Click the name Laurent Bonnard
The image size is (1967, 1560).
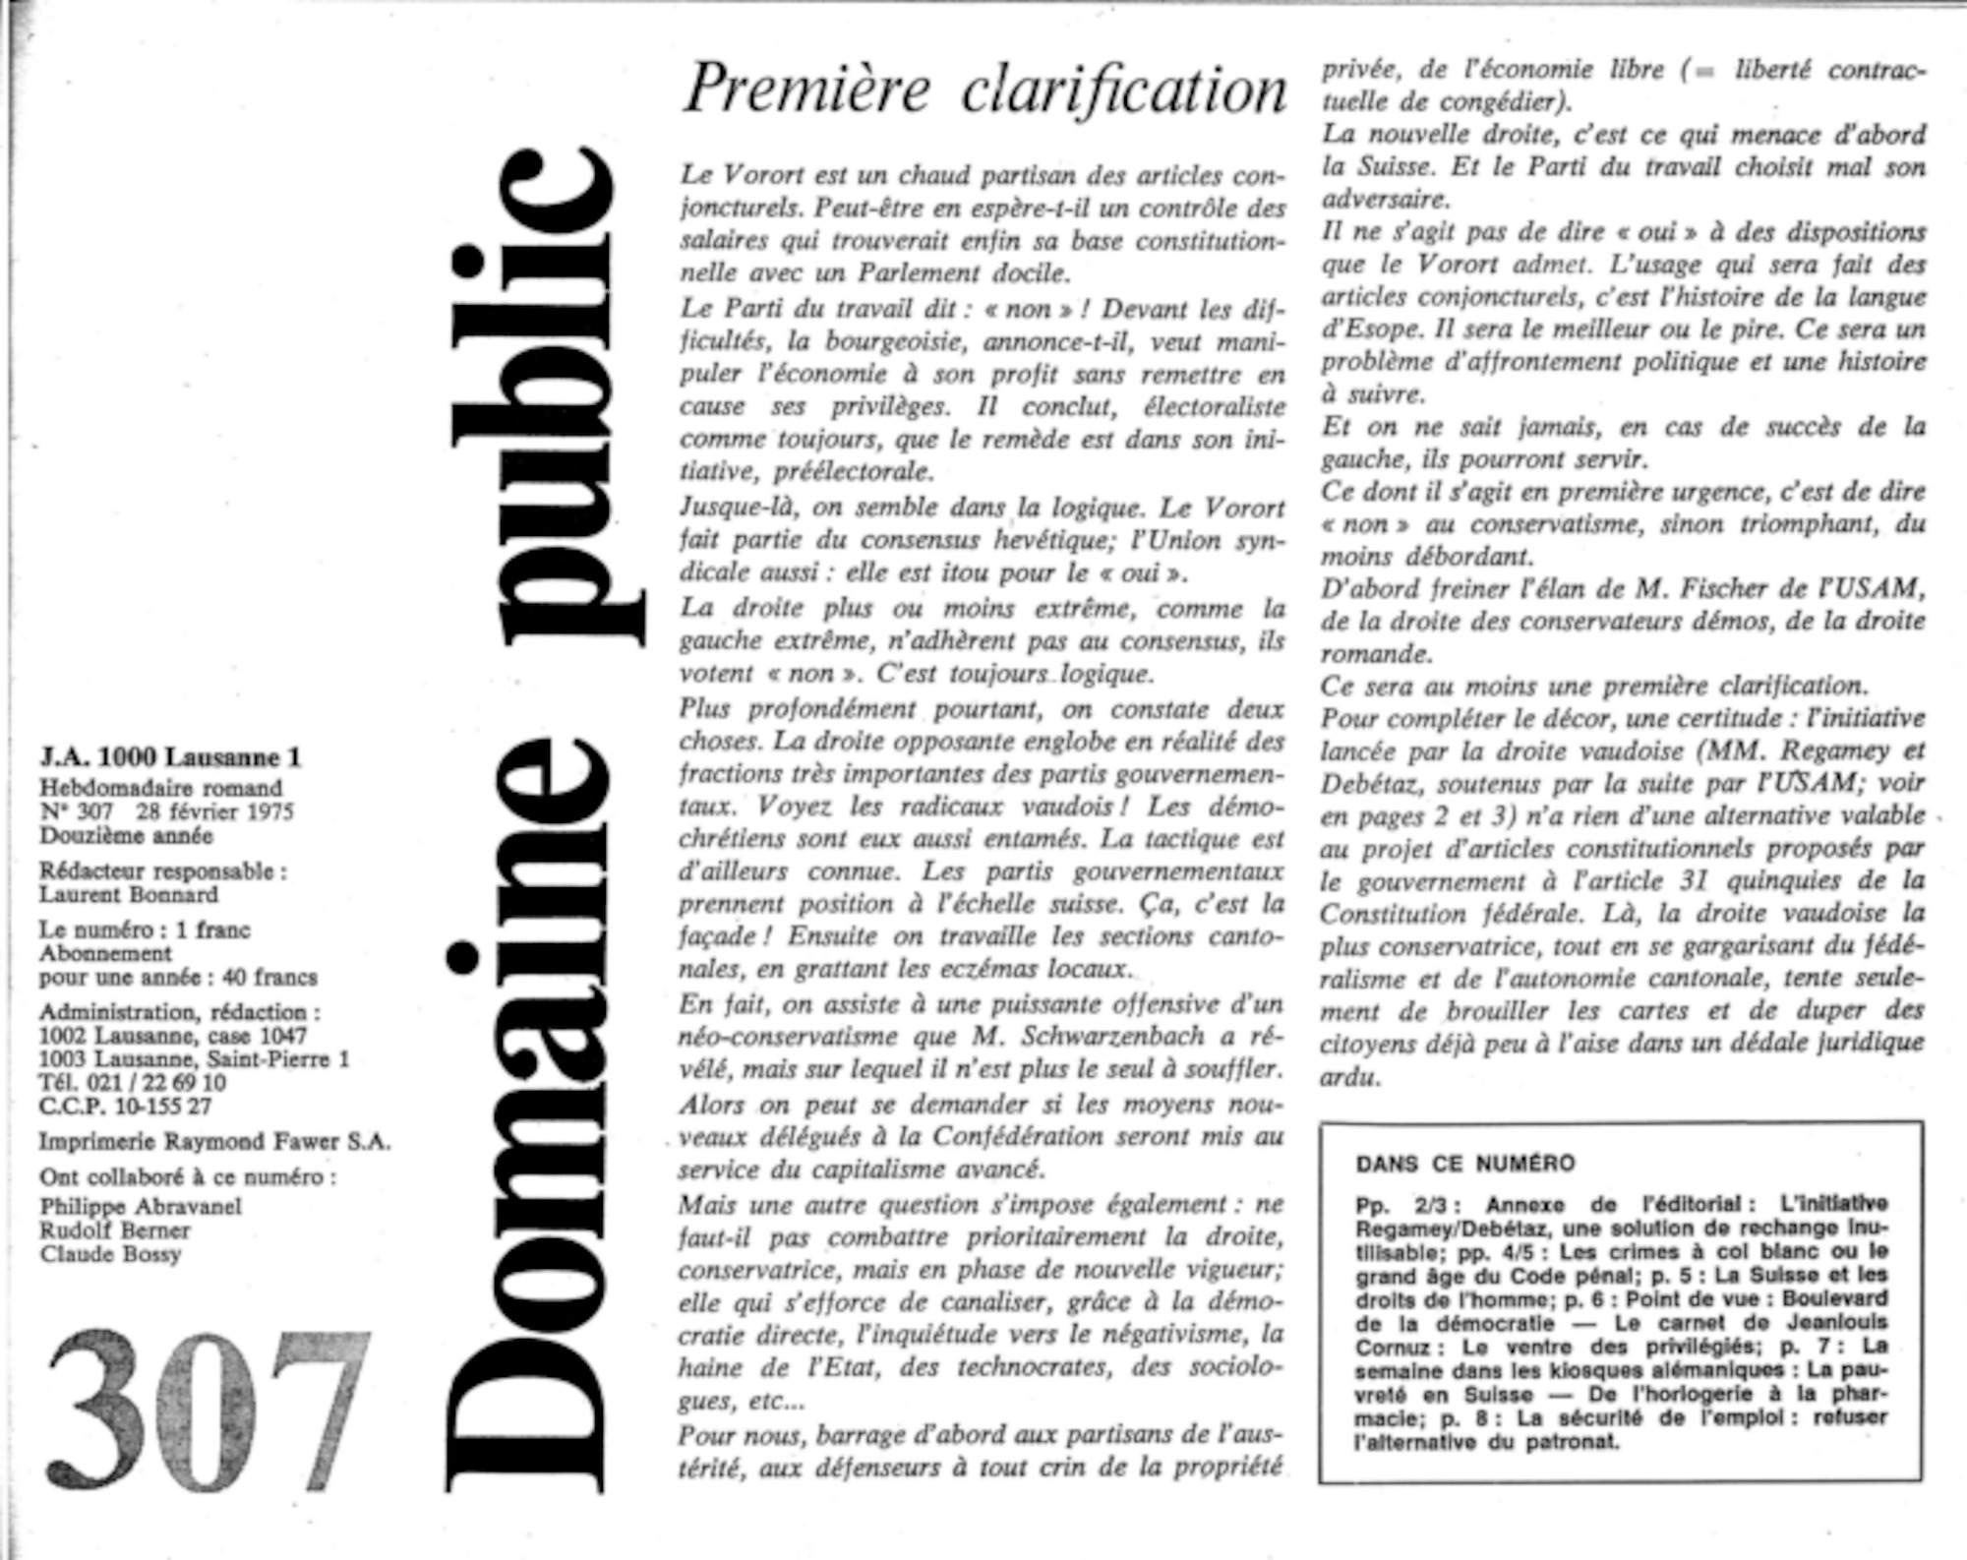(x=129, y=894)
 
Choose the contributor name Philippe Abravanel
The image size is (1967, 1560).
(x=141, y=1206)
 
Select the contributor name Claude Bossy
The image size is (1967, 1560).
(x=110, y=1254)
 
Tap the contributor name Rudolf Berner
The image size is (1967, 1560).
(x=115, y=1230)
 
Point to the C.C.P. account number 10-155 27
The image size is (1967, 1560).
(x=159, y=1107)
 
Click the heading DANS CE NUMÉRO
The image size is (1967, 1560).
(x=1464, y=1164)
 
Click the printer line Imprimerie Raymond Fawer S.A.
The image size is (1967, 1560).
(x=214, y=1142)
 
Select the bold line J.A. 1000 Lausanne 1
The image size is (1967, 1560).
(x=171, y=757)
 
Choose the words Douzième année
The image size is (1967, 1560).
(x=126, y=836)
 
